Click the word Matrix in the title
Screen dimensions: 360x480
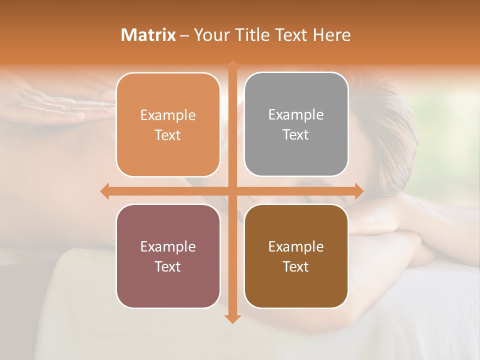148,35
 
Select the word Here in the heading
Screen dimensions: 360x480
331,35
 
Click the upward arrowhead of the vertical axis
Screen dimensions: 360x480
232,64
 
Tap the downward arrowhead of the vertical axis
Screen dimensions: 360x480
232,318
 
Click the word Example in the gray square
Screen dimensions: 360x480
296,114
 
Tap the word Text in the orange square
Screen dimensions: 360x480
168,135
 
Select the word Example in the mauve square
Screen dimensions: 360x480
168,246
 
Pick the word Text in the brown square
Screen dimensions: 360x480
296,266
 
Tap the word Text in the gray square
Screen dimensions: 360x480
296,134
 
